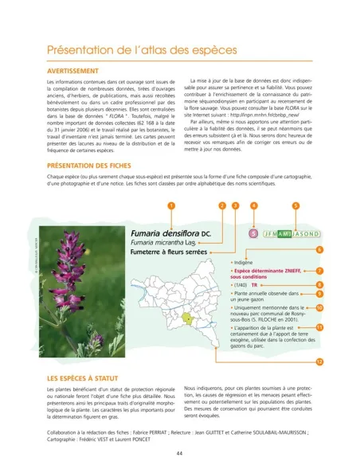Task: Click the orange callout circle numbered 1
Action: pyautogui.click(x=170, y=205)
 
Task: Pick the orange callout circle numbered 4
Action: pyautogui.click(x=253, y=205)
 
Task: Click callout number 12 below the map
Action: pyautogui.click(x=319, y=361)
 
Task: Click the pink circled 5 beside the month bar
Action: pyautogui.click(x=253, y=234)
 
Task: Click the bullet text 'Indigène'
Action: pyautogui.click(x=244, y=261)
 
